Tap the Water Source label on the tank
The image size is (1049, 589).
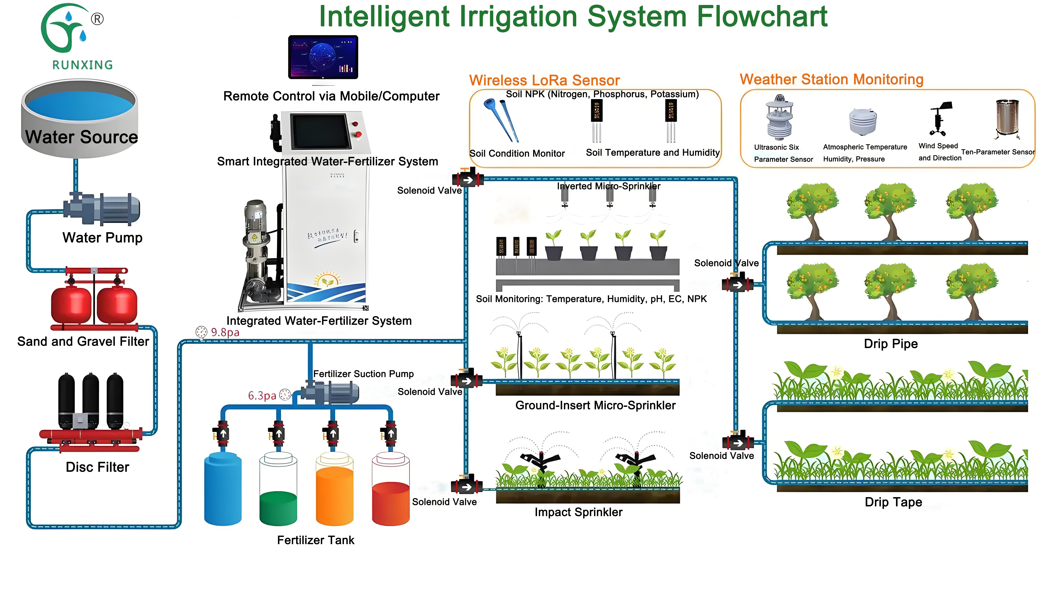(x=81, y=137)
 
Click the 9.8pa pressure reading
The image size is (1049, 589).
(x=225, y=332)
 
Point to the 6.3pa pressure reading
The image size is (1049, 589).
(x=262, y=396)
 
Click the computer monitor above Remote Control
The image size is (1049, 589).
(x=323, y=57)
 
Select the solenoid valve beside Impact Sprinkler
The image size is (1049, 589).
(x=467, y=485)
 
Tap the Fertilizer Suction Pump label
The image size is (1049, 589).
(x=363, y=374)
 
